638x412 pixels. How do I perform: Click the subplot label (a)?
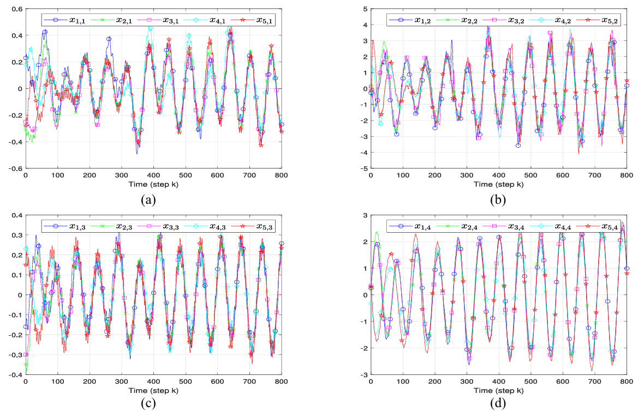[148, 199]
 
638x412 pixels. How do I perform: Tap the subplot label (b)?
[498, 199]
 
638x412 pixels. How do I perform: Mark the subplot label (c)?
[148, 405]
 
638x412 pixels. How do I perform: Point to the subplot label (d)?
[498, 405]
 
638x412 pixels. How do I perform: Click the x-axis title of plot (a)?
[153, 185]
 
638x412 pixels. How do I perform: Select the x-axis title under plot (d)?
[498, 390]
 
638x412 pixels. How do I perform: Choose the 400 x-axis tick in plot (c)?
[153, 382]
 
